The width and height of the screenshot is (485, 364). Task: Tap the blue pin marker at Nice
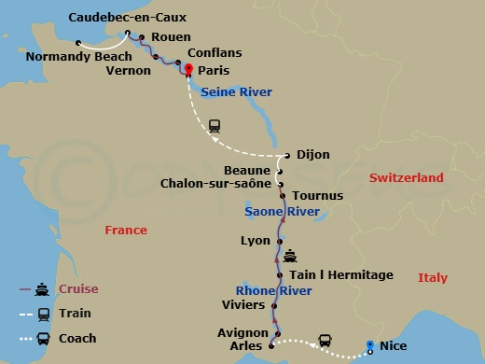click(x=370, y=345)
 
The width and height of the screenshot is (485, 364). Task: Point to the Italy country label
click(x=432, y=277)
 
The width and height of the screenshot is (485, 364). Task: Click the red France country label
click(x=126, y=230)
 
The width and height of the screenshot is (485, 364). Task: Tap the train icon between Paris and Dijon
click(x=215, y=126)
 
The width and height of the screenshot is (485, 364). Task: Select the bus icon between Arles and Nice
click(x=326, y=340)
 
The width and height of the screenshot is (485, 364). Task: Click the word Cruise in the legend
click(x=77, y=289)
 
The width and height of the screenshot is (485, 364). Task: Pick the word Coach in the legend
click(x=76, y=339)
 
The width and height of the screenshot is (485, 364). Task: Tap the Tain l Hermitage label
click(x=340, y=275)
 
